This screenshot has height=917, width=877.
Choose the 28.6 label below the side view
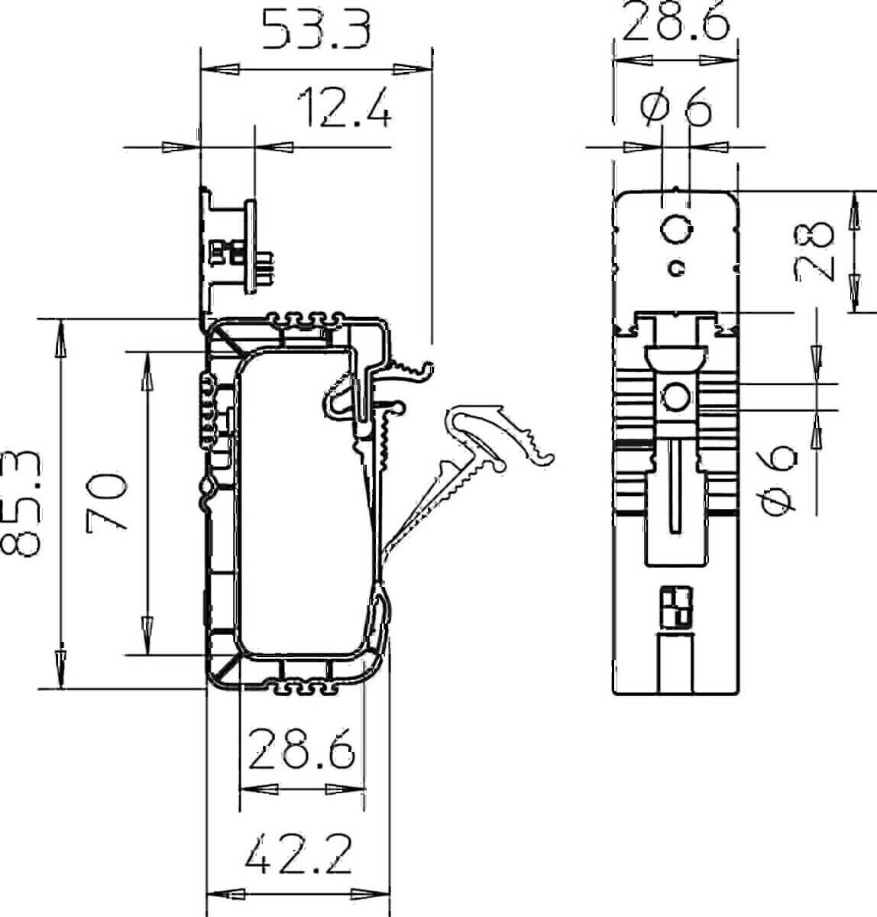(x=302, y=749)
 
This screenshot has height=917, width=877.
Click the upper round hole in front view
(x=676, y=228)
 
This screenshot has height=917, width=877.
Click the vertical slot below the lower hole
(x=676, y=485)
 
